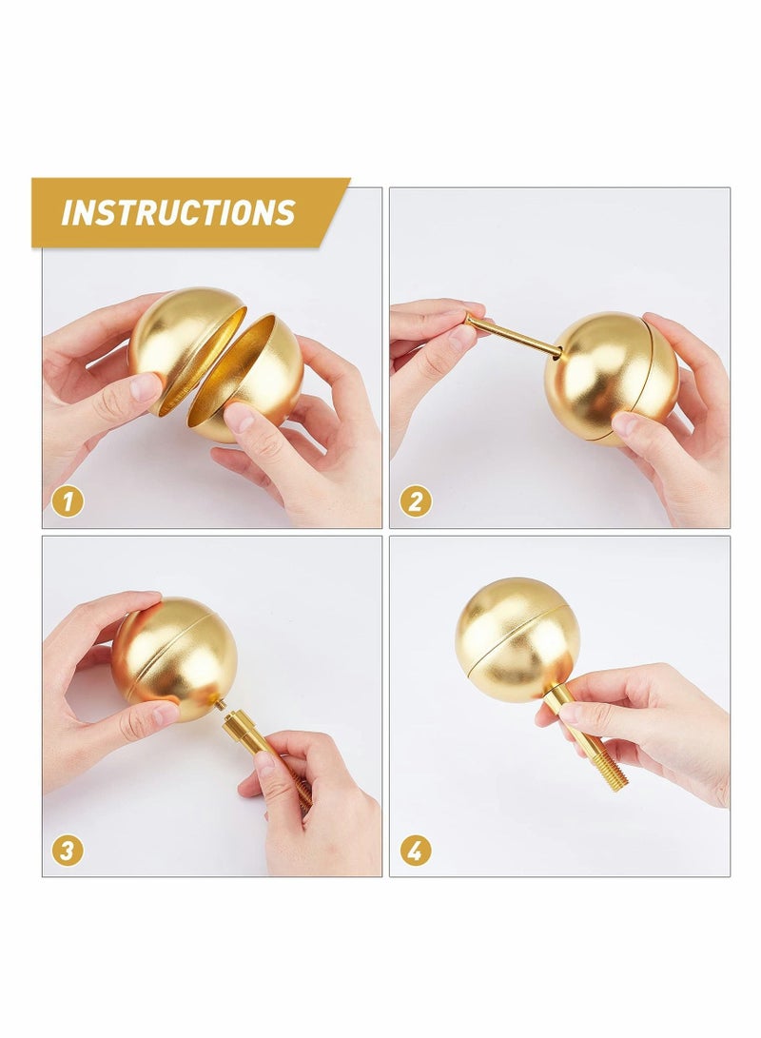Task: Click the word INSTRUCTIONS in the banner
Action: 178,212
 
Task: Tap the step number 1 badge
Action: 67,500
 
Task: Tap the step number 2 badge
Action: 415,500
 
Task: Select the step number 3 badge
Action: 67,850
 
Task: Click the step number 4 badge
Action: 415,850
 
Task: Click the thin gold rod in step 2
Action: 514,337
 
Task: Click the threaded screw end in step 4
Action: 609,766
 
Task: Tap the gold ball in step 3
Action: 176,656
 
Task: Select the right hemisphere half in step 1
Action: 249,376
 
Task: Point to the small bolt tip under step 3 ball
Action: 220,705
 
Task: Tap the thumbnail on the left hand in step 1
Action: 146,386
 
